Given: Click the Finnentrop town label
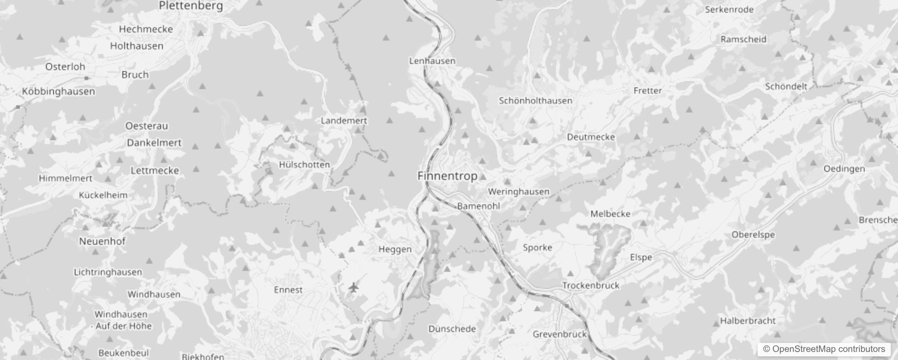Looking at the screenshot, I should (447, 176).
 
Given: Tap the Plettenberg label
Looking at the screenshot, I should (191, 6).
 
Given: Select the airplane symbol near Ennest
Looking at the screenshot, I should (354, 287).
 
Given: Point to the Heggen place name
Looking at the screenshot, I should (395, 249).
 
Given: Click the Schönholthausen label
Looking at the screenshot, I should (535, 101).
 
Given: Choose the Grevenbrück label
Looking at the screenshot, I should (560, 334).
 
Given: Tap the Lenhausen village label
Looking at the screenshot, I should (432, 61).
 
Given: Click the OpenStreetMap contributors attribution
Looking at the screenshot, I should (824, 349).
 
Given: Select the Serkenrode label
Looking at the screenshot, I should (729, 9).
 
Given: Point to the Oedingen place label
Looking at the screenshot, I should (844, 169).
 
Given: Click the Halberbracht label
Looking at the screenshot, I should (748, 321).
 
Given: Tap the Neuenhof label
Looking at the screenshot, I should (102, 241).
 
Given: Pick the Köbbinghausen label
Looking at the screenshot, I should (58, 91).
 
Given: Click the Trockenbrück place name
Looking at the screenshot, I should (590, 285).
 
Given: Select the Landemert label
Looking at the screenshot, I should (344, 121).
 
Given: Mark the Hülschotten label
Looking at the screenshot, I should (304, 165).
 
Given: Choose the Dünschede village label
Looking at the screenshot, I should (452, 329).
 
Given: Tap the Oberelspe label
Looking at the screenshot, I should (753, 234).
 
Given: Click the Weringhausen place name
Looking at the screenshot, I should (518, 192).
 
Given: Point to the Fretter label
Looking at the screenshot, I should (647, 90).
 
